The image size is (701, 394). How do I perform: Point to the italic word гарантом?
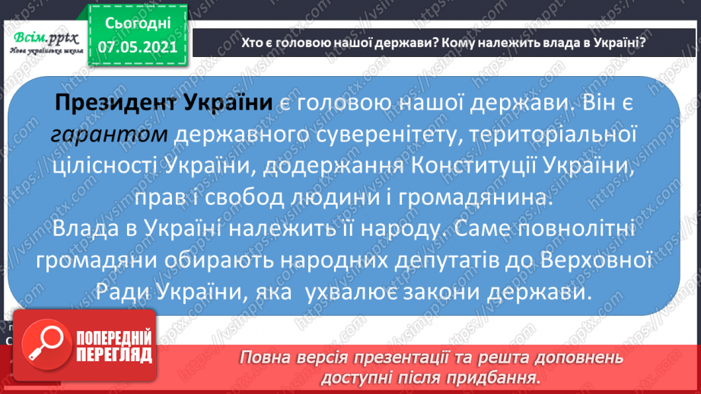(x=110, y=135)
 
